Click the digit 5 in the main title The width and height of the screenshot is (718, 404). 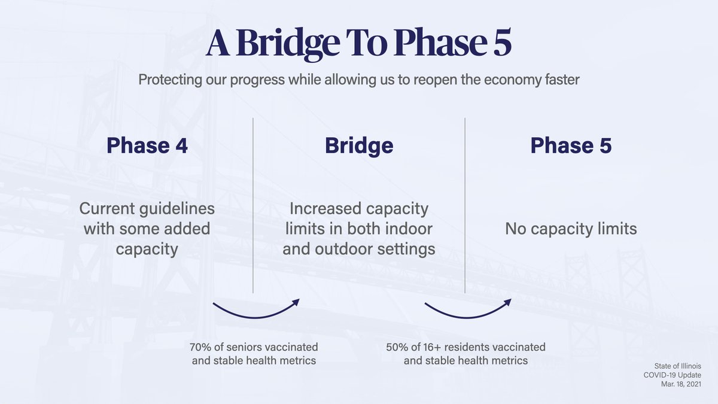point(498,43)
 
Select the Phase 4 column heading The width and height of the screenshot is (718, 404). point(147,145)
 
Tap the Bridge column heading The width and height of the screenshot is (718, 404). point(359,145)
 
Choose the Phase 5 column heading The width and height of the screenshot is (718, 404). point(571,145)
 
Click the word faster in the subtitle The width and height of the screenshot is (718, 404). point(559,80)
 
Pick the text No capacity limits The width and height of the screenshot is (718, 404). point(571,229)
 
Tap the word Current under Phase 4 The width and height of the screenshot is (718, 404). point(109,209)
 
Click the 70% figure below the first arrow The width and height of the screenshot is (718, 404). point(200,347)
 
